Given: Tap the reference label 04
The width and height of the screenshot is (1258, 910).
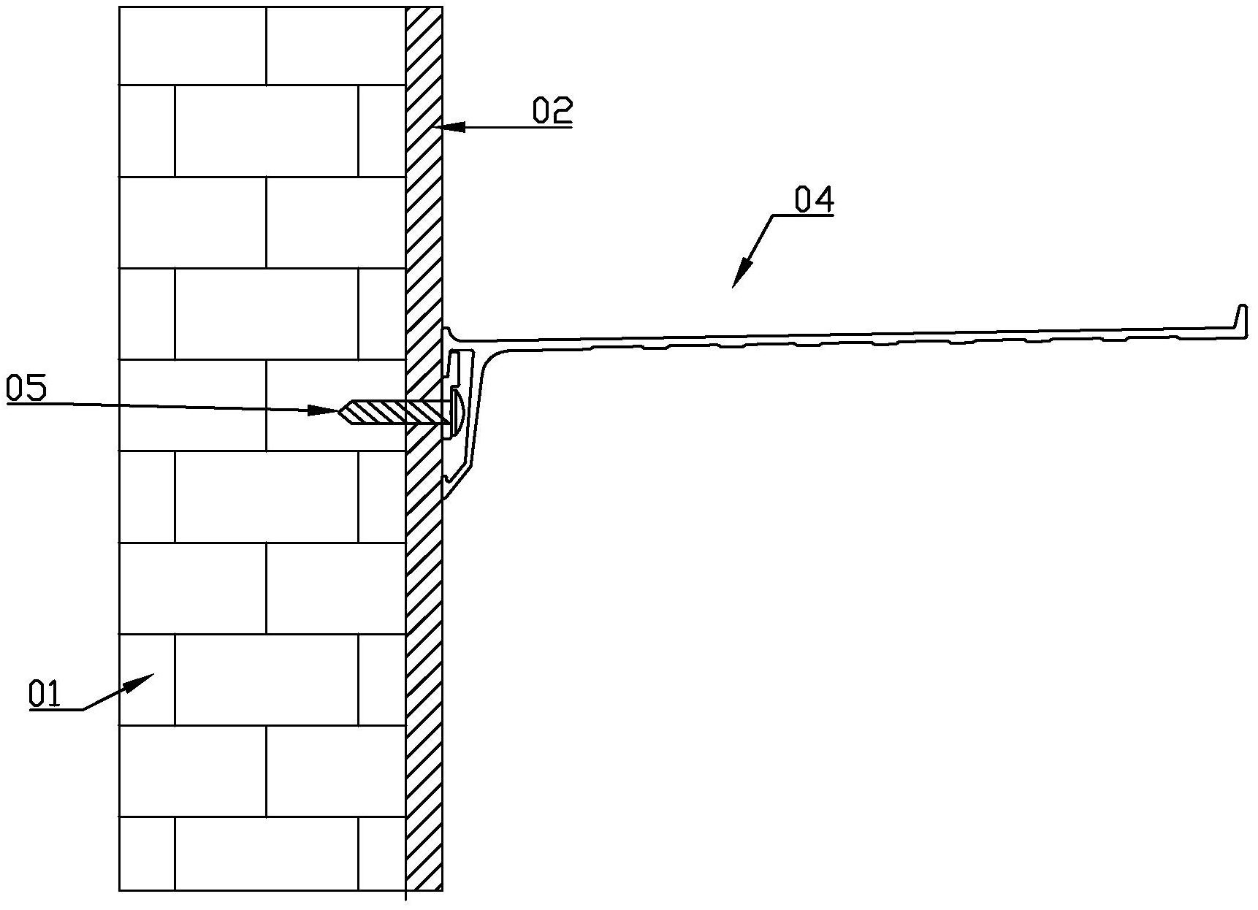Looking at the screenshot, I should (814, 199).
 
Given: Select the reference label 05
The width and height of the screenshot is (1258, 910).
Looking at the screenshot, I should (26, 387).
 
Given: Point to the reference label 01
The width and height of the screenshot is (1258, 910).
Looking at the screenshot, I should (45, 693).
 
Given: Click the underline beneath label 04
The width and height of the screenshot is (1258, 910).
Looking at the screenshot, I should (803, 215).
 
